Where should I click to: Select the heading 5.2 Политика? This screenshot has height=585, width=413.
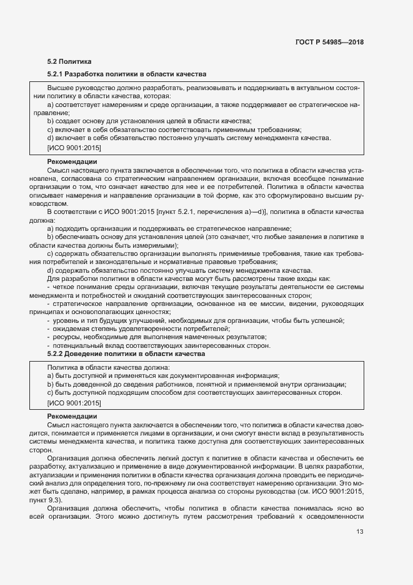(x=69, y=61)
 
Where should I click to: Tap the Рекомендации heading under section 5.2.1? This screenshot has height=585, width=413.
(x=72, y=162)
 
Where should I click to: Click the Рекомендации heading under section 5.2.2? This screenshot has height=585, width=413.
(x=72, y=416)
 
